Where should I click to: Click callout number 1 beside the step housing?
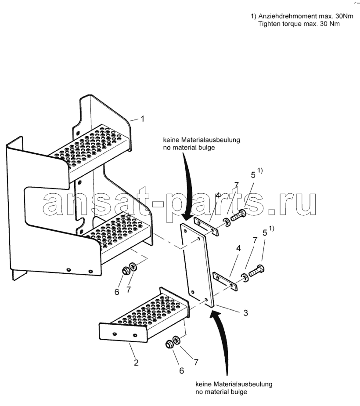pos(142,119)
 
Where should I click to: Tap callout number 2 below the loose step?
pos(136,362)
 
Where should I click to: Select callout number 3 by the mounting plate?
pos(246,313)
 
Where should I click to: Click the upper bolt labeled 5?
pos(238,215)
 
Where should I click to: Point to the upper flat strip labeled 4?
pos(206,227)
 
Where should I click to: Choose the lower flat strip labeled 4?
pos(225,281)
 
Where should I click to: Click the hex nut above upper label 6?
pos(126,270)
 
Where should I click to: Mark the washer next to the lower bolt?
pos(245,277)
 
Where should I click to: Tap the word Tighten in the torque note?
pos(270,24)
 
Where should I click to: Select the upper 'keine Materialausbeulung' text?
pos(202,140)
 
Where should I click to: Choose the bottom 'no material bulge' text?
pos(221,392)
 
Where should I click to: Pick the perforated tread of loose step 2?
pos(150,311)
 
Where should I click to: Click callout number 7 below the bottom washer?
pos(196,362)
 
